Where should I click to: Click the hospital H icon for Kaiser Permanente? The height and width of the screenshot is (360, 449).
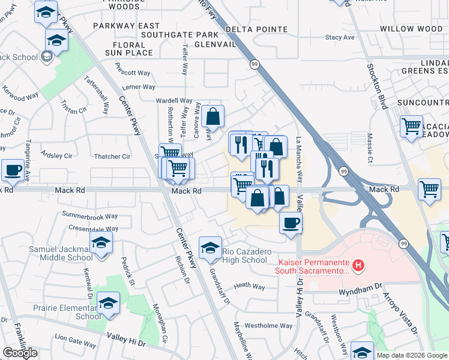358,265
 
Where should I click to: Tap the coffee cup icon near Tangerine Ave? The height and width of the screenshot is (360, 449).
13,170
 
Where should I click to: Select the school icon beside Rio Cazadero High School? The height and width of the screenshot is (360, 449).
210,247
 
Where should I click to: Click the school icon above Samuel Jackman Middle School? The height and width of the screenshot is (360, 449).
101,242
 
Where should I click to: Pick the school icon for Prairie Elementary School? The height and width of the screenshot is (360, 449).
108,303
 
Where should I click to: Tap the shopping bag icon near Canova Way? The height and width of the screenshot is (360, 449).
212,116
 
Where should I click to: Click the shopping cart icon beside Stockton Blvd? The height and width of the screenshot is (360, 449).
411,126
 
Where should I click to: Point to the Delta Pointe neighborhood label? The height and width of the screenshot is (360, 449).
256,29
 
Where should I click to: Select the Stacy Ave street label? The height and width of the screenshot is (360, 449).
340,37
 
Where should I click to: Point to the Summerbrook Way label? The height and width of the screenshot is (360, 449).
89,216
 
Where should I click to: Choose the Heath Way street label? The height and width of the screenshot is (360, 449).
249,287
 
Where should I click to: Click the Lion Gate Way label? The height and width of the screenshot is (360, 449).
76,344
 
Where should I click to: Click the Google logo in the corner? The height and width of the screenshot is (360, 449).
20,353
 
